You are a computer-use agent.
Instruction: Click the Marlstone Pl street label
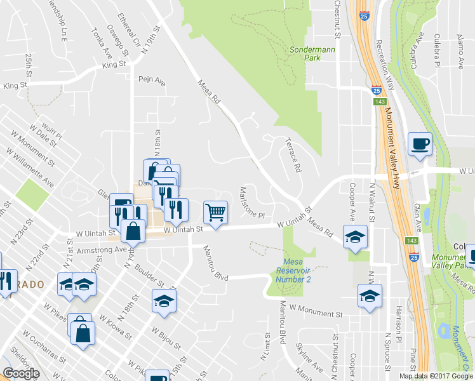pyautogui.click(x=251, y=201)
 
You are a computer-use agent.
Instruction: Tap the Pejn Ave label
pyautogui.click(x=152, y=81)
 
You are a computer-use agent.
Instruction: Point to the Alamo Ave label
pyautogui.click(x=461, y=52)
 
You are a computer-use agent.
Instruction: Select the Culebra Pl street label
pyautogui.click(x=438, y=51)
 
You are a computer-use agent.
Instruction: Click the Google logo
pyautogui.click(x=21, y=373)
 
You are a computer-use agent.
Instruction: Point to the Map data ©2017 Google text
pyautogui.click(x=436, y=376)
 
